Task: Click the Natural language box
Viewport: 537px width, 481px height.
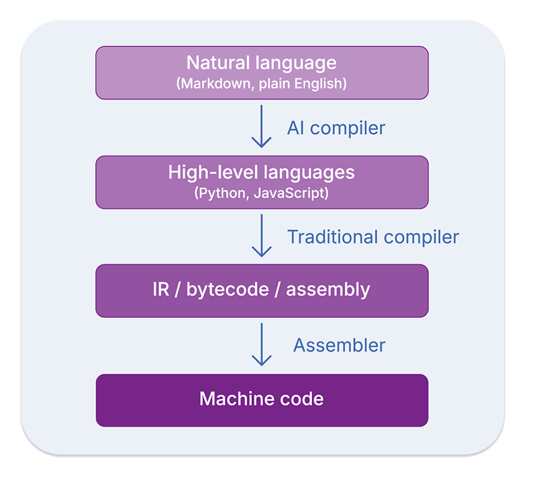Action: click(262, 72)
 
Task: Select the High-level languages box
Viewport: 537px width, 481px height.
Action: click(262, 182)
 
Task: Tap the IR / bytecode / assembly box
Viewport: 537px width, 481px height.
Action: click(262, 290)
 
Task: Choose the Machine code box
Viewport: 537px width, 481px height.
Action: click(262, 400)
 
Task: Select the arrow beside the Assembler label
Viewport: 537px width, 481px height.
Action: click(261, 345)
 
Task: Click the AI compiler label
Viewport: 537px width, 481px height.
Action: click(336, 127)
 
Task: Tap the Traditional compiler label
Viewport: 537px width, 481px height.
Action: click(373, 237)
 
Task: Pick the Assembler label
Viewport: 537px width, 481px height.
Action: click(339, 345)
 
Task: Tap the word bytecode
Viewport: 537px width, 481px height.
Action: click(219, 290)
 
